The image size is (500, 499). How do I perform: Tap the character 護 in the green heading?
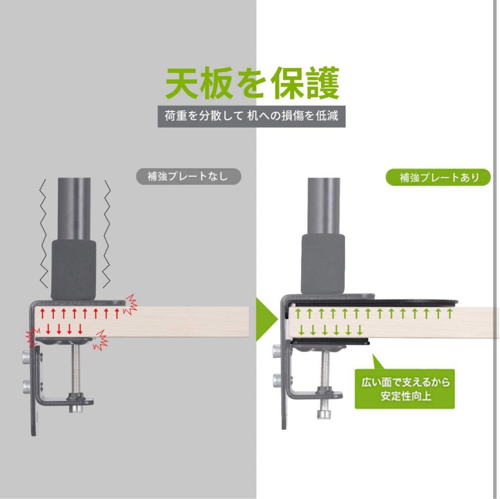pyautogui.click(x=319, y=85)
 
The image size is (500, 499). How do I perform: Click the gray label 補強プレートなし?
pyautogui.click(x=188, y=176)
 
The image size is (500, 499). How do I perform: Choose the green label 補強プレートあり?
pyautogui.click(x=438, y=177)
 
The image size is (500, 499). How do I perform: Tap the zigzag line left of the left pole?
pyautogui.click(x=44, y=231)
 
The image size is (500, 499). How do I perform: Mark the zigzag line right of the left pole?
pyautogui.click(x=107, y=231)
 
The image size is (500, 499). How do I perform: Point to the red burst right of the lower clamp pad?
pyautogui.click(x=100, y=341)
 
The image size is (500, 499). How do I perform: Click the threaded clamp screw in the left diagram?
pyautogui.click(x=75, y=370)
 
